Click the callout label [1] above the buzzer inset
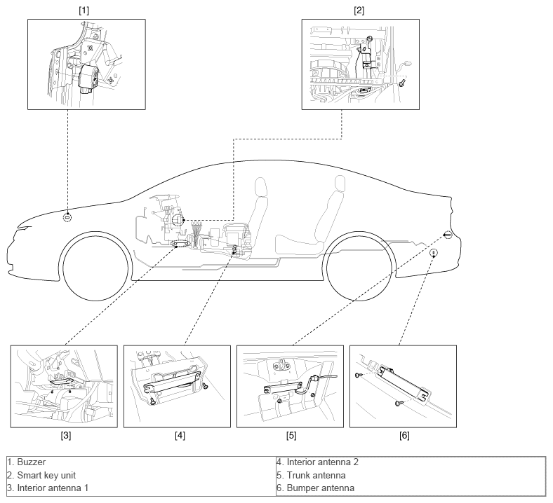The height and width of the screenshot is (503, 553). [x=84, y=11]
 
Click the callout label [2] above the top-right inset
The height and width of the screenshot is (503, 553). [x=359, y=11]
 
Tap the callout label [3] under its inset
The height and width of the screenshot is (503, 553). [x=65, y=436]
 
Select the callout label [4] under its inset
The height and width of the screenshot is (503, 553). [x=180, y=436]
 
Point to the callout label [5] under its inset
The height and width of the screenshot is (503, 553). [x=291, y=436]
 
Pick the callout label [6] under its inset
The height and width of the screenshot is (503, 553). [x=404, y=436]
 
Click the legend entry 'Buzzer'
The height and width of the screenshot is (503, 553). [x=27, y=462]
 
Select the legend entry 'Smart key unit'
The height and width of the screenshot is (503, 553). [x=41, y=475]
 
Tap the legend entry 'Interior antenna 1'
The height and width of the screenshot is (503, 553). [x=48, y=488]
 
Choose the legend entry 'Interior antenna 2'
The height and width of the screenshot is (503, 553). [x=317, y=462]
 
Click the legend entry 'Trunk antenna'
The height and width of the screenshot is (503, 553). [x=311, y=475]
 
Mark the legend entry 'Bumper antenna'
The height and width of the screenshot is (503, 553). [x=315, y=488]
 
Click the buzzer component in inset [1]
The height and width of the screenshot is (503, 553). [x=88, y=78]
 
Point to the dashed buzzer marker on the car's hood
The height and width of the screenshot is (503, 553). [x=67, y=217]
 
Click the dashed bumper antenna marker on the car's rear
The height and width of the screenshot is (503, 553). [x=434, y=253]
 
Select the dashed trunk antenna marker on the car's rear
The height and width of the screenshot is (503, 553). [x=447, y=235]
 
